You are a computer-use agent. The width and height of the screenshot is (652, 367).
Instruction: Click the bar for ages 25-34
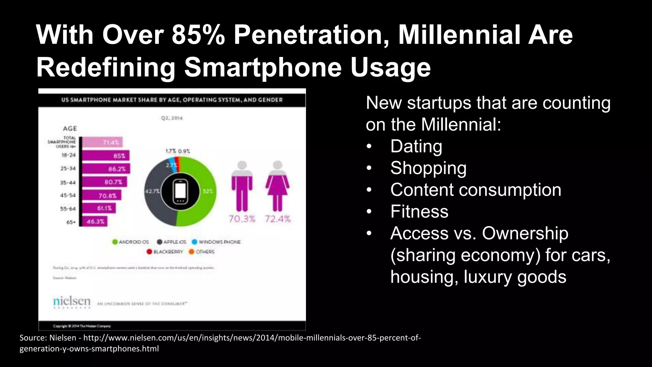(x=106, y=169)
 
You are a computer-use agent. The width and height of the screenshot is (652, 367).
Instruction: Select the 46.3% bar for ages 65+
(x=94, y=221)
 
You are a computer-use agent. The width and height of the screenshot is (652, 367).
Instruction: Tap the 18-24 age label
(x=68, y=155)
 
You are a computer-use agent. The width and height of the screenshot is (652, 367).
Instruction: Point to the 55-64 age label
(x=68, y=209)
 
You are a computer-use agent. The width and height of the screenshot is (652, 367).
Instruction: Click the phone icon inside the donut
(x=180, y=191)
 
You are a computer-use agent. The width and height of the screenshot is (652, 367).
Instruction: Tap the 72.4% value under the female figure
(x=278, y=219)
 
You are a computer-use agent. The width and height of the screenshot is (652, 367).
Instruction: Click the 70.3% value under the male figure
(x=242, y=219)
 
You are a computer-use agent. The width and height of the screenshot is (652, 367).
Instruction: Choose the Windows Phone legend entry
(x=216, y=242)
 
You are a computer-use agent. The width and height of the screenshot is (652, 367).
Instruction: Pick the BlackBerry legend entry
(x=165, y=252)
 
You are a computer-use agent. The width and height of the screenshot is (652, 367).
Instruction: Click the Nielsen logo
(x=72, y=301)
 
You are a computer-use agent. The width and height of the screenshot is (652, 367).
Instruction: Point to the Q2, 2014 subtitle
(x=172, y=118)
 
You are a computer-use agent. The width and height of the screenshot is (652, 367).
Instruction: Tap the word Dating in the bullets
(x=416, y=146)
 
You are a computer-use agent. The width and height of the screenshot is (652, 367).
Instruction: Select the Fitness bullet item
(x=419, y=212)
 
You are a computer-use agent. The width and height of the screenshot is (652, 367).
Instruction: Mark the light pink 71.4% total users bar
(x=102, y=142)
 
